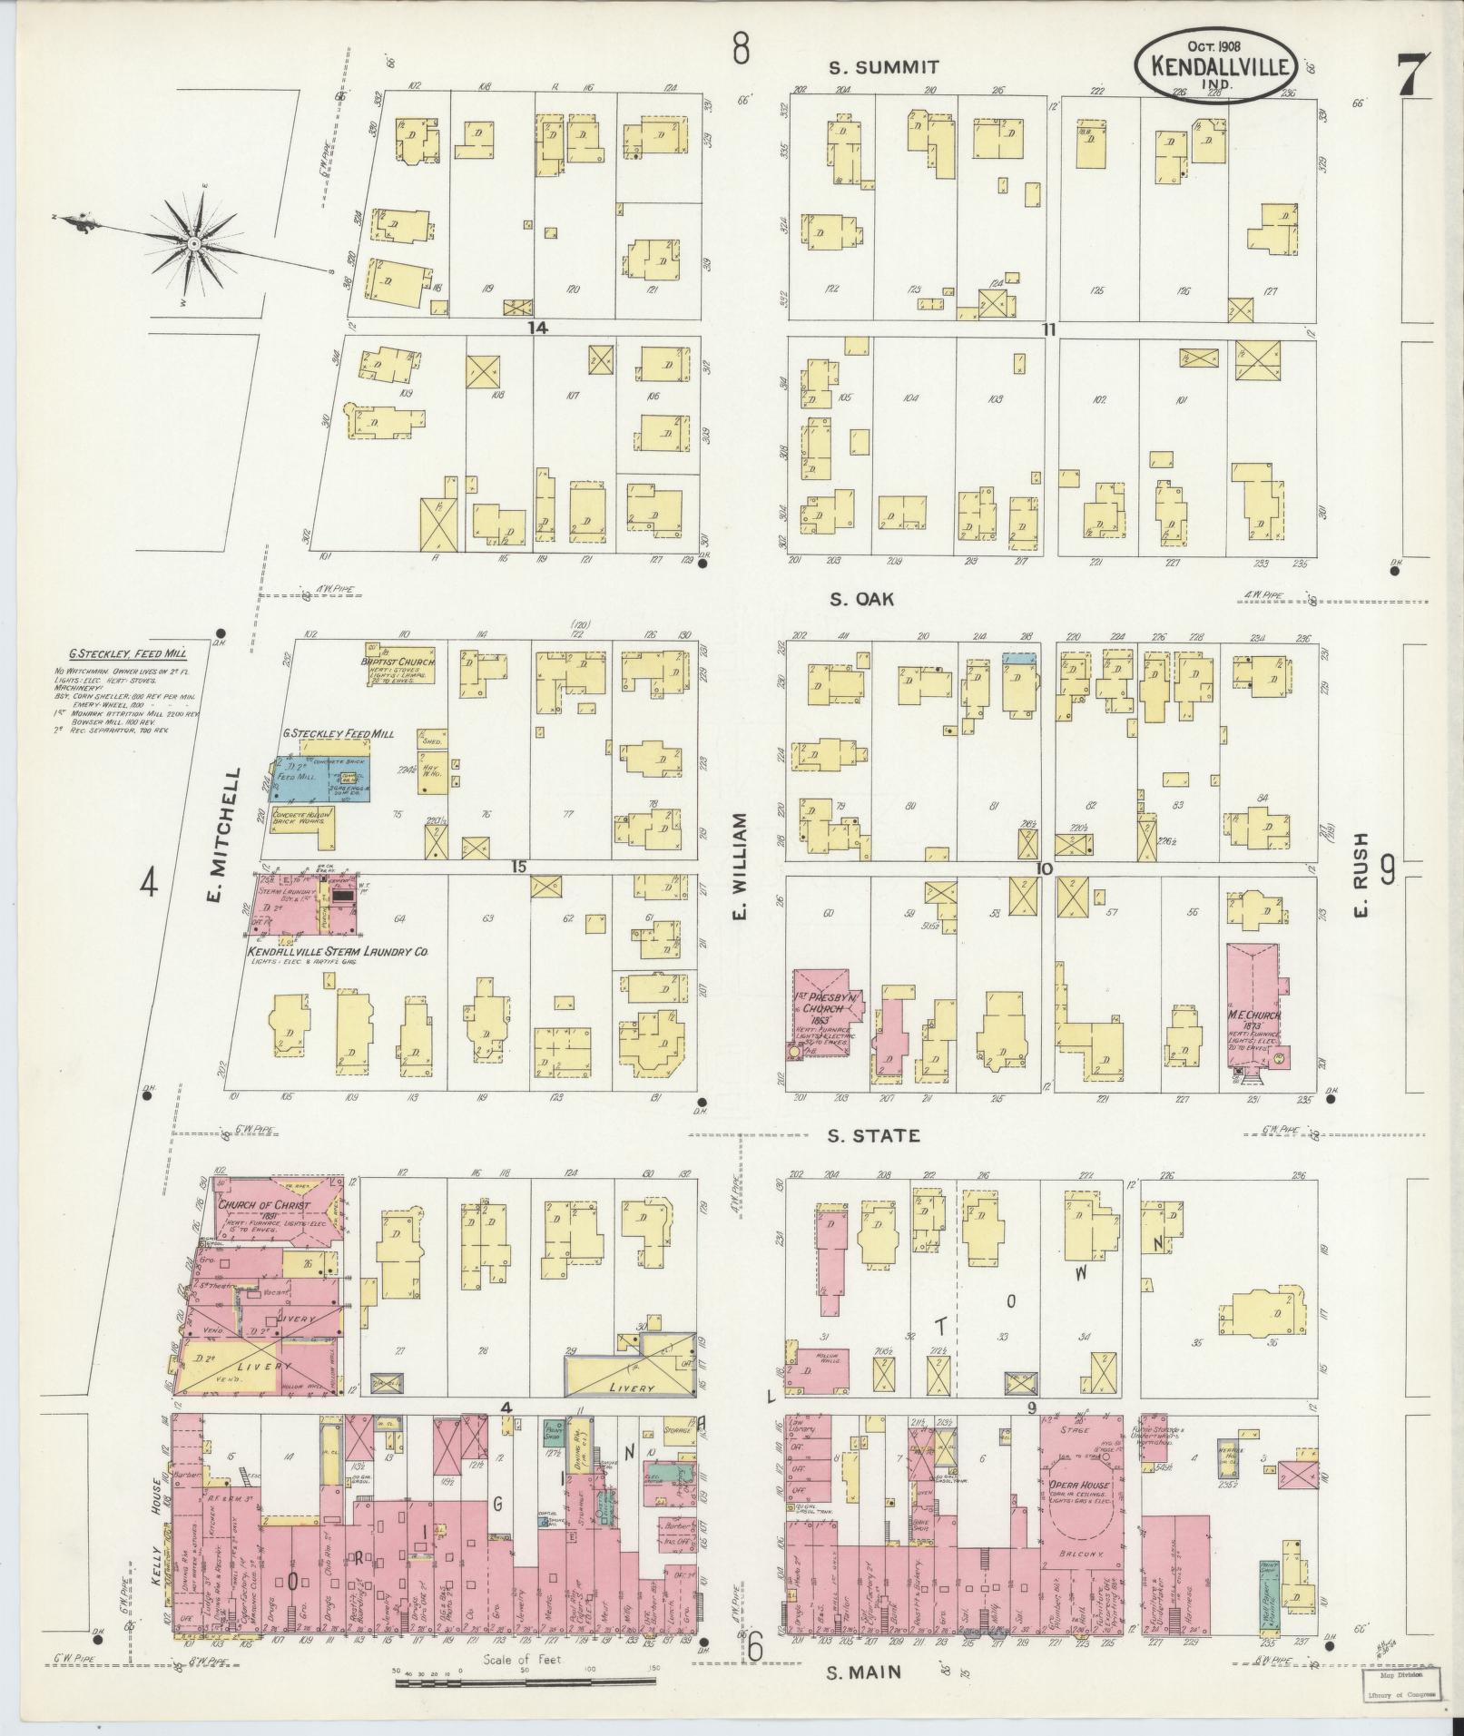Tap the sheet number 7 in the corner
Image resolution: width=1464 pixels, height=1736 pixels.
click(x=1413, y=75)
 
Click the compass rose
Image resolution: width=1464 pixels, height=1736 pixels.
click(x=193, y=243)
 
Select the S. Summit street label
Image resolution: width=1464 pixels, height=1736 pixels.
click(x=871, y=67)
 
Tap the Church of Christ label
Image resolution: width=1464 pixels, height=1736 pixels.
click(x=262, y=1206)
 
